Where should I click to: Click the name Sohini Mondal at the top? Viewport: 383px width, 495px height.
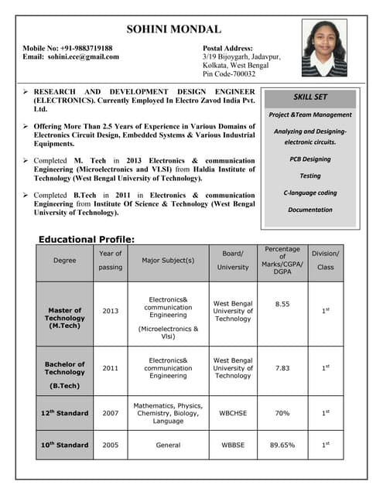(x=184, y=29)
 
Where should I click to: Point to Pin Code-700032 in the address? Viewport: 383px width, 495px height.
(x=229, y=74)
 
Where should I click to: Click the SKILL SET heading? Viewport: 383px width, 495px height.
(x=310, y=97)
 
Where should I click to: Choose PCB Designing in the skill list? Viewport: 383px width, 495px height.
(x=310, y=159)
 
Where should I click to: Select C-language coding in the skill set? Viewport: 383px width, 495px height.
(x=310, y=192)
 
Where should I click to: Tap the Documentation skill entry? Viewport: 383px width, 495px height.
(x=310, y=210)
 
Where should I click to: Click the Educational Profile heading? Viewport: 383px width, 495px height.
(x=87, y=240)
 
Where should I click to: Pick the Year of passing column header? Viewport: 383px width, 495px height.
(x=111, y=260)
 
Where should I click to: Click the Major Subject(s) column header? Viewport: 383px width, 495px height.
(x=168, y=260)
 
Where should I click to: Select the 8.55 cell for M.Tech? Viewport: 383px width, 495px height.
(x=282, y=304)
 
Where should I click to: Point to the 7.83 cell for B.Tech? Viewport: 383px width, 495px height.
(x=282, y=368)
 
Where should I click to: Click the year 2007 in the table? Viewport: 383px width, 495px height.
(x=111, y=413)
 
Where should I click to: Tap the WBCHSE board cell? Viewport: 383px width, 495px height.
(x=233, y=413)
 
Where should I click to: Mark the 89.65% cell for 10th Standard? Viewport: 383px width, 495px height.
(x=282, y=445)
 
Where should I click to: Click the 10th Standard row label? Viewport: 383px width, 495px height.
(x=65, y=445)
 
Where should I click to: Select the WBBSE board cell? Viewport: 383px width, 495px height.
(x=233, y=445)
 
